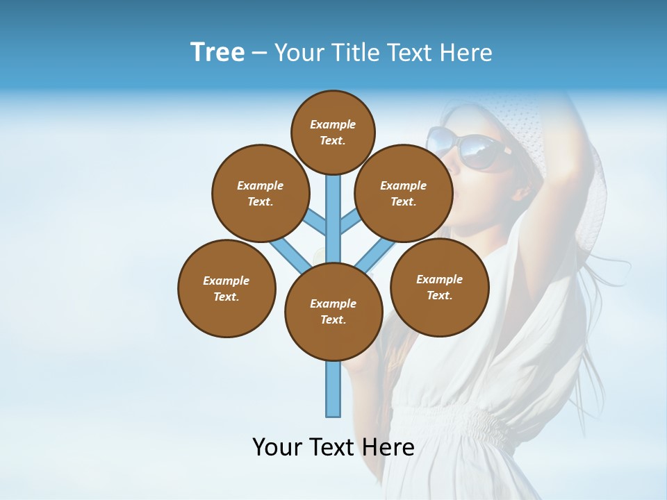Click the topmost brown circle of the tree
click(x=333, y=132)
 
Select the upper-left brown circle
click(x=261, y=193)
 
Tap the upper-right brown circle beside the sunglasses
click(x=404, y=193)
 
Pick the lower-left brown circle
click(x=227, y=288)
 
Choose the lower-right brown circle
click(x=439, y=287)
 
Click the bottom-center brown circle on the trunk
click(x=333, y=311)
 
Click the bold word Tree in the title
click(x=217, y=52)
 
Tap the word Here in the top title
click(x=469, y=53)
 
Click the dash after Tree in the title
click(x=259, y=53)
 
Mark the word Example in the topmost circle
click(x=333, y=124)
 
